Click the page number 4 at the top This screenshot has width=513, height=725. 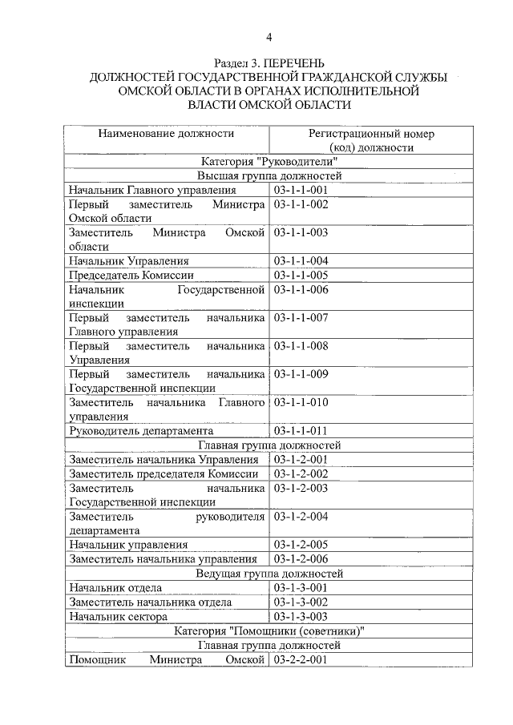269,38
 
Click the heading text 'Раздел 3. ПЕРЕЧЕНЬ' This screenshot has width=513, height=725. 269,62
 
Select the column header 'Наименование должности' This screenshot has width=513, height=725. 166,134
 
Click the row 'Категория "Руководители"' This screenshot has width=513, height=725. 269,161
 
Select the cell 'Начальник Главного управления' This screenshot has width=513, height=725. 152,190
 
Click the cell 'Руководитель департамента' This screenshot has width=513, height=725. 140,430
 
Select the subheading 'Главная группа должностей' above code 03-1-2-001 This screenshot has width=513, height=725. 269,445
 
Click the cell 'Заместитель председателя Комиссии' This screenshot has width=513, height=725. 164,473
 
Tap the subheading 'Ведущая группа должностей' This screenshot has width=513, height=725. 269,574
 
